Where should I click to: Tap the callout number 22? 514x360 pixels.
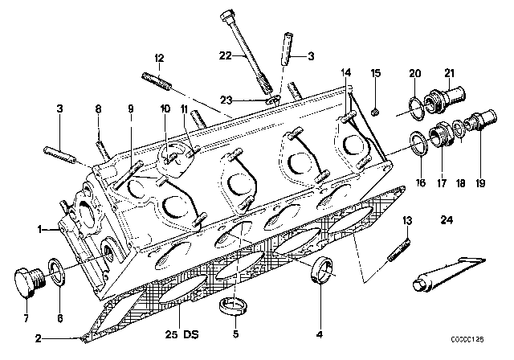pos(226,55)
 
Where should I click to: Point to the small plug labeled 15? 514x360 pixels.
pos(376,112)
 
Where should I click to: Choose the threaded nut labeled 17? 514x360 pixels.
pos(441,133)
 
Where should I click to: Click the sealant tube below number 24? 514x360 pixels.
pos(447,273)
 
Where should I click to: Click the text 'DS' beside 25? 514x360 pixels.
pos(191,335)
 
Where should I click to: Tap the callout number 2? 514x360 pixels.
pos(39,338)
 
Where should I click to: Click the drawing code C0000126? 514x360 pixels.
pos(467,339)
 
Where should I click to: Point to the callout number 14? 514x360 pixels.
pos(345,72)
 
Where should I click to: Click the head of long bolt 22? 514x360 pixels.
pos(226,16)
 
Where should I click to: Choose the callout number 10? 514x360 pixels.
pos(165,108)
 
